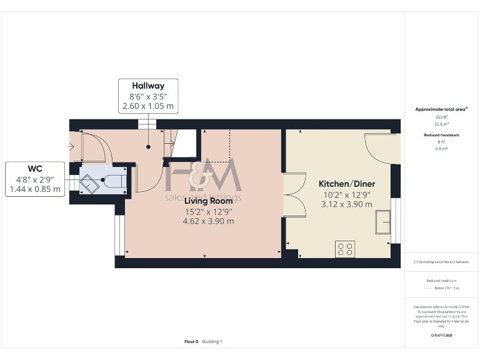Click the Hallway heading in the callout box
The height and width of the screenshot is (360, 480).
click(148, 86)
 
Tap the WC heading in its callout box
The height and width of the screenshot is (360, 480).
click(35, 169)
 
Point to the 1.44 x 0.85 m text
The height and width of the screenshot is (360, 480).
click(35, 189)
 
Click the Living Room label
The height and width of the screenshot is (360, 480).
click(208, 201)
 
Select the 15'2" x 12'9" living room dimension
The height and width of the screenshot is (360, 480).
click(208, 211)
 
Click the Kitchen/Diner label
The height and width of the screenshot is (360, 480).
click(346, 184)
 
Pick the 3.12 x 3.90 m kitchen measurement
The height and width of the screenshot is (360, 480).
click(346, 204)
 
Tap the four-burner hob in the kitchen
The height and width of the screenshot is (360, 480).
click(346, 249)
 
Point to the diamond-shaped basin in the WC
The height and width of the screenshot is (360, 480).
click(89, 183)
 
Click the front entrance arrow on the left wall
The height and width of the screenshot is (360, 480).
click(71, 147)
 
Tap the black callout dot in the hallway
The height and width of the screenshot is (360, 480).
click(149, 147)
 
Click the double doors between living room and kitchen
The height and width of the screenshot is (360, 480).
click(293, 195)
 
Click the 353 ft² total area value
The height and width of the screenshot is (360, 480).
click(441, 117)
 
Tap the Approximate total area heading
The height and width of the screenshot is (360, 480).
click(441, 109)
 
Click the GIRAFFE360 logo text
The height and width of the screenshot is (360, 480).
click(441, 336)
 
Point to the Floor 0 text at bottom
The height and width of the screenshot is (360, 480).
click(191, 342)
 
